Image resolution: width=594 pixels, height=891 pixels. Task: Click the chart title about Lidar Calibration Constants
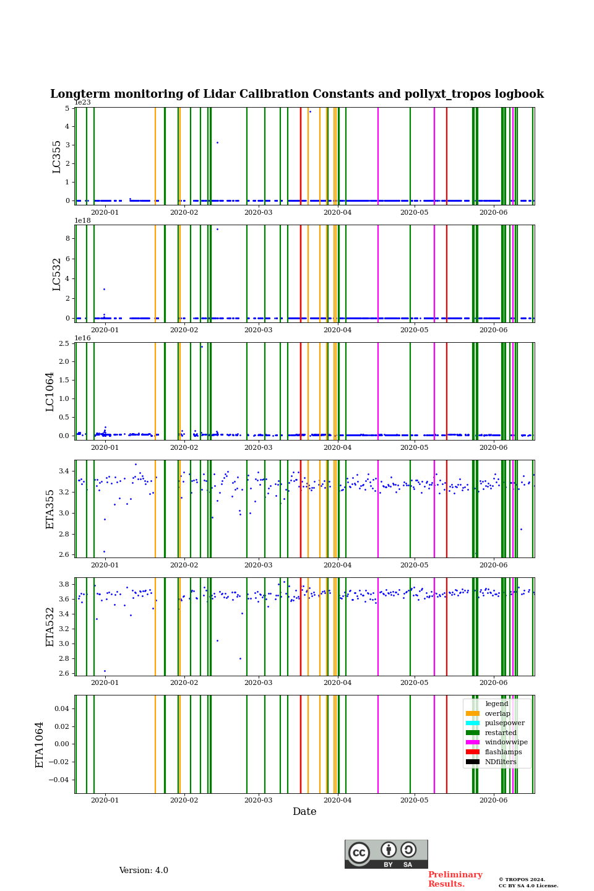[x=297, y=94]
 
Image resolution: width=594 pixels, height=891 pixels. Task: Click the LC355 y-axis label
[x=57, y=157]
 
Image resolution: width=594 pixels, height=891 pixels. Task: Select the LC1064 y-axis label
[x=50, y=391]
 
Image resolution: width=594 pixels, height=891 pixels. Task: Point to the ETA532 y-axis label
[x=50, y=626]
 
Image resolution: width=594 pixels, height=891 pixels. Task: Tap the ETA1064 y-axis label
[x=40, y=744]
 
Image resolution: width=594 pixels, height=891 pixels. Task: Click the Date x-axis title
[x=304, y=812]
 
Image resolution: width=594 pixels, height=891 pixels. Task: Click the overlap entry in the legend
[x=497, y=713]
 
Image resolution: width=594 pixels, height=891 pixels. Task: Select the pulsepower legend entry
[x=504, y=723]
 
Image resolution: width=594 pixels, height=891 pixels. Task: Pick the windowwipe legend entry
[x=506, y=742]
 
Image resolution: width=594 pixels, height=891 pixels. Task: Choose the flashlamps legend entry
[x=503, y=752]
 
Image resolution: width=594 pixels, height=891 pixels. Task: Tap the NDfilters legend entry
[x=500, y=762]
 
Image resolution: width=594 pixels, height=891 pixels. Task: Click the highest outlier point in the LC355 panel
[x=310, y=111]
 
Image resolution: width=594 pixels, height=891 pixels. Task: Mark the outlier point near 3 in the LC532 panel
[x=104, y=289]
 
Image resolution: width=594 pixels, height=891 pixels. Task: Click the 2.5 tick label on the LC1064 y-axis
[x=63, y=343]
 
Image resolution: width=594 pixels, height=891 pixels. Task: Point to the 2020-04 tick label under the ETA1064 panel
[x=337, y=800]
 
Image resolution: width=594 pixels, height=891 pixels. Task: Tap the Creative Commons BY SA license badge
[x=386, y=854]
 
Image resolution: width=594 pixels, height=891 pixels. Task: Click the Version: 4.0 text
[x=144, y=871]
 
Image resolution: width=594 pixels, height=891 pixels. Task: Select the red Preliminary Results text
[x=455, y=879]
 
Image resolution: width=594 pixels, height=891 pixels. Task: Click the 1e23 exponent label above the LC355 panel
[x=82, y=103]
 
